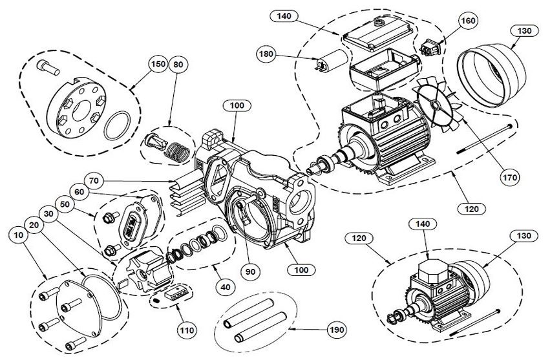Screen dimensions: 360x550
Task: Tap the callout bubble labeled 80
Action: tap(178, 65)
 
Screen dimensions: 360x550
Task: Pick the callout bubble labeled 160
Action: tap(468, 21)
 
